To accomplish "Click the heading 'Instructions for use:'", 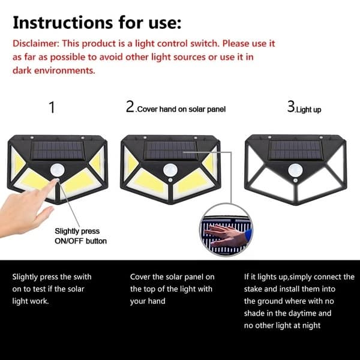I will pos(97,22).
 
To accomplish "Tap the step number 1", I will pos(52,107).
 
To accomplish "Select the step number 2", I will pos(130,107).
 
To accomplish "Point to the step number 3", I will pos(291,107).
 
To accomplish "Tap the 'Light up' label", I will pos(308,110).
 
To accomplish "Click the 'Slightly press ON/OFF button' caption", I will pos(80,236).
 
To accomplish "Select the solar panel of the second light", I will pos(170,151).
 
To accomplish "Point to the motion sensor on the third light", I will pos(295,170).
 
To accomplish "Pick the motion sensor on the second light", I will pos(170,170).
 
